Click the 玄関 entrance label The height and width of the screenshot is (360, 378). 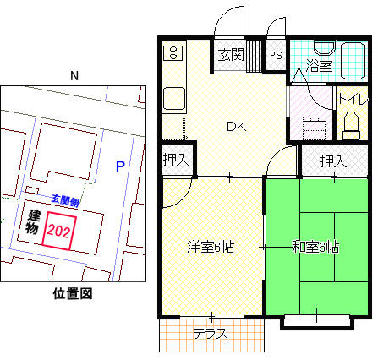231,54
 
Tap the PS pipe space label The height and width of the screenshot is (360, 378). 276,55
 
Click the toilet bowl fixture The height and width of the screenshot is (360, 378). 351,126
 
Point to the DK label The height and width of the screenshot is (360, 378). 237,127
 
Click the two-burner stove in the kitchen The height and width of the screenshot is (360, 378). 173,52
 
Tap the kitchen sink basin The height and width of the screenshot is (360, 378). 174,98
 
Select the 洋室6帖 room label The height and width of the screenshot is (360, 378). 211,247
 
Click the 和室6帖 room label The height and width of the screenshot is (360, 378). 315,247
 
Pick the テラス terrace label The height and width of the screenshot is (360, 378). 211,334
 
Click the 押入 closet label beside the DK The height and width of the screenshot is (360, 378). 176,160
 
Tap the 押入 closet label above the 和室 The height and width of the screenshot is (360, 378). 333,161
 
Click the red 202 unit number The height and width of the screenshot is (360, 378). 58,232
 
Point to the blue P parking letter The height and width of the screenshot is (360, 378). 120,166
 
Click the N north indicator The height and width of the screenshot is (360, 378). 74,76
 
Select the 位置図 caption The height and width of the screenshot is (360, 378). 73,293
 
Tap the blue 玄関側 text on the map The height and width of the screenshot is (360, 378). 65,200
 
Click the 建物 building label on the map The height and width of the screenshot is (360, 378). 33,221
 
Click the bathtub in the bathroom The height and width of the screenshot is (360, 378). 353,61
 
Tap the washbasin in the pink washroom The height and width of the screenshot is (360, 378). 315,128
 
